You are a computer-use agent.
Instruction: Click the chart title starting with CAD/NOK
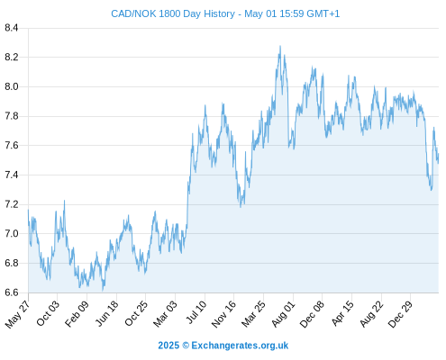click(225, 13)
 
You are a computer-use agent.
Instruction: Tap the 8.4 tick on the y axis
click(12, 28)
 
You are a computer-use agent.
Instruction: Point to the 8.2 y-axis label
click(12, 57)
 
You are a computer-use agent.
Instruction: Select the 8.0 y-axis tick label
click(12, 86)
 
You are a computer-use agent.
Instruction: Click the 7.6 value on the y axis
click(12, 146)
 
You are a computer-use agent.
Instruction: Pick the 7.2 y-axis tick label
click(12, 204)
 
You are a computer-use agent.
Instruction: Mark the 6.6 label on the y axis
click(12, 292)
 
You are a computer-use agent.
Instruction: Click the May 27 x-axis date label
click(17, 314)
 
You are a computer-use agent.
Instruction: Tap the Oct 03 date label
click(48, 313)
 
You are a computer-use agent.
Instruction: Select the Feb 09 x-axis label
click(77, 314)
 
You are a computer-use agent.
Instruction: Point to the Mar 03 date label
click(166, 314)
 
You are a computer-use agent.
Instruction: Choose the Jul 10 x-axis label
click(196, 312)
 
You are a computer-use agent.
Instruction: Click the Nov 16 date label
click(223, 314)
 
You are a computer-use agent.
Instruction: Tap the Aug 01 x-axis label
click(284, 314)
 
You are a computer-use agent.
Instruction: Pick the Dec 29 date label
click(400, 314)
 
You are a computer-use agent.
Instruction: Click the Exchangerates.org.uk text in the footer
click(240, 346)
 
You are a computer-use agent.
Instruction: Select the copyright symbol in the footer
click(186, 346)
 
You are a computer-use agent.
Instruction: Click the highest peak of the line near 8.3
click(280, 46)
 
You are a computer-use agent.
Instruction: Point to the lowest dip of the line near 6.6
click(103, 291)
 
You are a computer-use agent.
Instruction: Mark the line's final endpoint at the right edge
click(438, 156)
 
